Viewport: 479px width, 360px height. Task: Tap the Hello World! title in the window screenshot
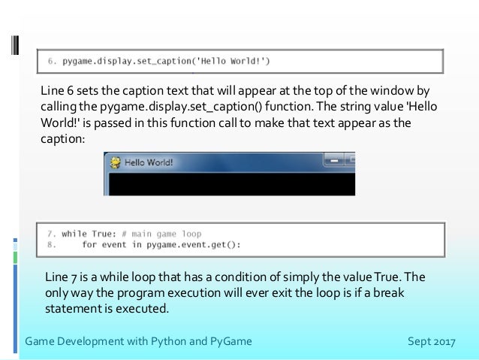148,162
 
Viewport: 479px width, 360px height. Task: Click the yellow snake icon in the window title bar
115,162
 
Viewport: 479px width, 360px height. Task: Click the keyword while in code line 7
74,234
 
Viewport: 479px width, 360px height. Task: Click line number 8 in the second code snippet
50,244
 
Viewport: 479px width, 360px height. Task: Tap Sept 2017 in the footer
431,342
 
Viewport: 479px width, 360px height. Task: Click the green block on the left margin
15,257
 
